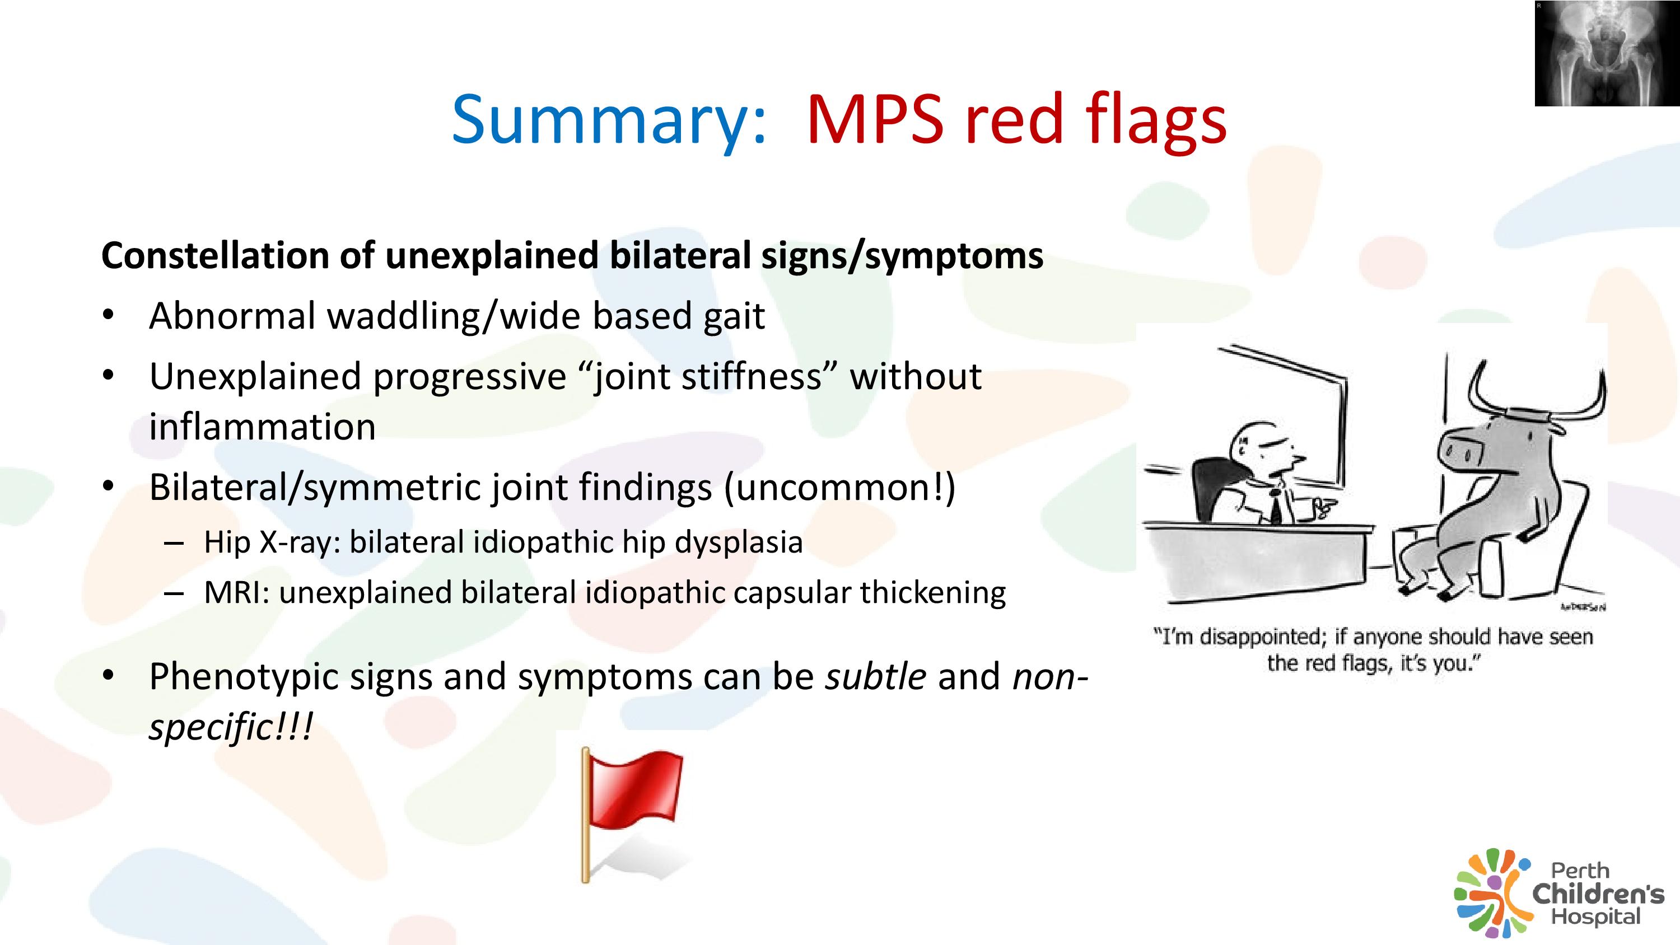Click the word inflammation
click(x=262, y=427)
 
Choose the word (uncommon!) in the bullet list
click(x=839, y=489)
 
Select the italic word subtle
click(x=876, y=676)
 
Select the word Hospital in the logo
click(x=1595, y=918)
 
